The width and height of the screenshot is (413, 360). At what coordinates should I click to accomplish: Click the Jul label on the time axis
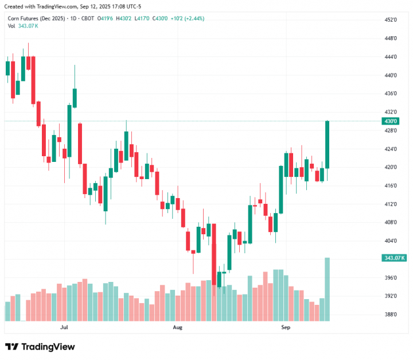[64, 327]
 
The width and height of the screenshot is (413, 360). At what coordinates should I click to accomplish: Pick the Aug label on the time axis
[177, 327]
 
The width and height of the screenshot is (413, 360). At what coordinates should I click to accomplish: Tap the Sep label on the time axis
[285, 327]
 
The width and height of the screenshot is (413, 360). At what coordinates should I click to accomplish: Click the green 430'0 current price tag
[390, 121]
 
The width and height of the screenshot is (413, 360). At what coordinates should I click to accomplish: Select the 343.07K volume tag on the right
[393, 258]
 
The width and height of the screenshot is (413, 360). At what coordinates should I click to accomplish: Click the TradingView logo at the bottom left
[40, 347]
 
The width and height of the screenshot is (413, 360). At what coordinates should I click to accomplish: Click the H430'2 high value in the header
[124, 18]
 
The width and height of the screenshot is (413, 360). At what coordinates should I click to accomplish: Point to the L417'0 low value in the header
[142, 18]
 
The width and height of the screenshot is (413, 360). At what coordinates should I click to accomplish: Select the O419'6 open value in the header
[106, 18]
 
